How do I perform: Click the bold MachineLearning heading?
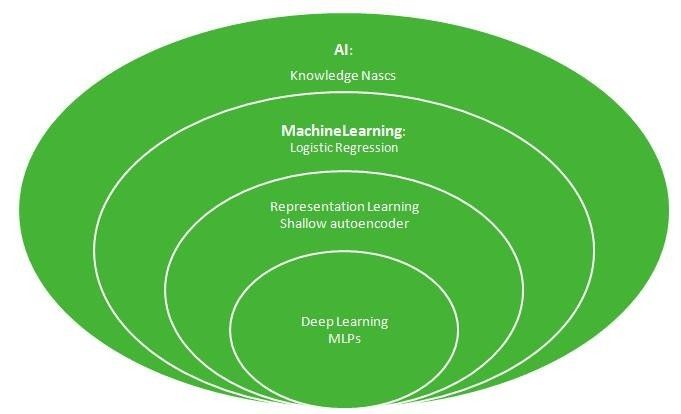coord(342,131)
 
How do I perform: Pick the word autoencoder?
coord(370,223)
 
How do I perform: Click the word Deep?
coord(318,322)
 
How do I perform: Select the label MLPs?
coord(344,339)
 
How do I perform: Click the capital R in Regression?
coord(336,148)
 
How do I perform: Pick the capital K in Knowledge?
coord(294,75)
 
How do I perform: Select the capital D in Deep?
coord(305,322)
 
